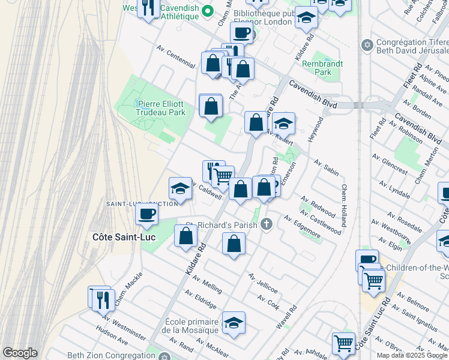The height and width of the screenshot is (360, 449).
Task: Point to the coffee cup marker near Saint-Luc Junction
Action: [146, 215]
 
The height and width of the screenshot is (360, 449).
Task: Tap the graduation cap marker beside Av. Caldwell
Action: [179, 189]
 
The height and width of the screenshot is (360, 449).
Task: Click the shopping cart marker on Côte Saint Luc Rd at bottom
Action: [343, 344]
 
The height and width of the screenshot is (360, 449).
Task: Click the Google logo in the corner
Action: [20, 353]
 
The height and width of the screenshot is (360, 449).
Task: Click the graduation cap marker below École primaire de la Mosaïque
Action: [234, 323]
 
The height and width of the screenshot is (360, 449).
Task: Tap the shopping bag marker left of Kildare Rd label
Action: [185, 236]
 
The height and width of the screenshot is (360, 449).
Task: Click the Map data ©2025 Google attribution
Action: [412, 355]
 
